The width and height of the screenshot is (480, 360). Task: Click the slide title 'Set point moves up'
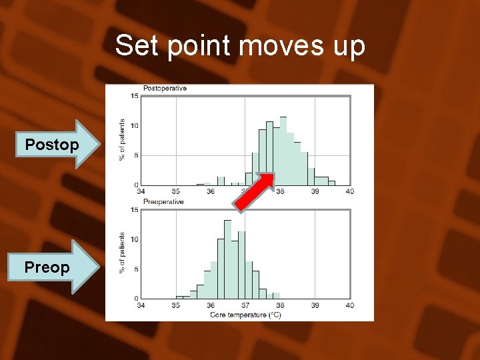240,46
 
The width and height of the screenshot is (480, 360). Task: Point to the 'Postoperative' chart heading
165,89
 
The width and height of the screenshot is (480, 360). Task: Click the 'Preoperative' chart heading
163,201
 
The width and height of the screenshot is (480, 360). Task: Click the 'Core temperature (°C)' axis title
245,314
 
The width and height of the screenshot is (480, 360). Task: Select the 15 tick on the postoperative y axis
135,97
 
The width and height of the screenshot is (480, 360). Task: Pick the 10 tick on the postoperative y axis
135,126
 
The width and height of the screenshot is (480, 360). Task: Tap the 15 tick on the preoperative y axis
135,210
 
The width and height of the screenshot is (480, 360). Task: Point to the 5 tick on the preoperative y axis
136,269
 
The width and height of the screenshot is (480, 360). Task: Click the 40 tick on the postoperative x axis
350,192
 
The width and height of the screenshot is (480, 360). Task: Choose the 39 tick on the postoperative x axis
315,192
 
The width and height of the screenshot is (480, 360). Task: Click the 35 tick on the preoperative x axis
175,305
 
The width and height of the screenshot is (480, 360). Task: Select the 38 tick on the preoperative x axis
280,305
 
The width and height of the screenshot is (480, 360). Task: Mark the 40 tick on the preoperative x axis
350,305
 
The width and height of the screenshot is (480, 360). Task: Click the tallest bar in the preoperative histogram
228,260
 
